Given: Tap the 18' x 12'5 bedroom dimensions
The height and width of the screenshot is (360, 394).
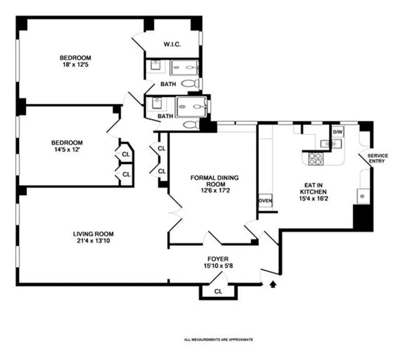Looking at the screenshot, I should click(76, 65).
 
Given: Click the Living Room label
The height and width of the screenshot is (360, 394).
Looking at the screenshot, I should click(93, 234).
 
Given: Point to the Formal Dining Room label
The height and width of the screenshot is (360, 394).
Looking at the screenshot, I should click(214, 181).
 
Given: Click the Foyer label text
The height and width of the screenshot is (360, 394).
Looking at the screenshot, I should click(218, 259).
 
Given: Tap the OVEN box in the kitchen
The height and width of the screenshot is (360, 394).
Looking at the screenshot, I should click(265, 201).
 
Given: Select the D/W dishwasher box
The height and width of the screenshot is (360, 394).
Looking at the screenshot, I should click(337, 132).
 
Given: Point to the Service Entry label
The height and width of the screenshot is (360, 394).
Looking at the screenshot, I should click(377, 158).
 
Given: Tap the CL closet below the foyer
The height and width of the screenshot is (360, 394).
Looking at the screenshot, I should click(218, 291).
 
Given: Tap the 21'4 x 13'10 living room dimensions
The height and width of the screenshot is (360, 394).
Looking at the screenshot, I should click(93, 241).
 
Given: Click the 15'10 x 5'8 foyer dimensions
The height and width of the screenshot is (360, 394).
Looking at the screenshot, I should click(218, 266).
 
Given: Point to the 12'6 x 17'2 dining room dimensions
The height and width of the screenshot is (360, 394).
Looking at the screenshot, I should click(214, 191).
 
